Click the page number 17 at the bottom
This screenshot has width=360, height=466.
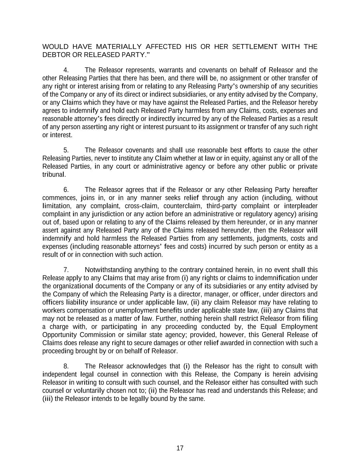(180, 448)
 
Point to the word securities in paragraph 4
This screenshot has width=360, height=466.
(304, 86)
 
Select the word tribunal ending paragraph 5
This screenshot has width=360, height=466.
(53, 174)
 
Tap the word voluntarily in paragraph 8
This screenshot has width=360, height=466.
(89, 390)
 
